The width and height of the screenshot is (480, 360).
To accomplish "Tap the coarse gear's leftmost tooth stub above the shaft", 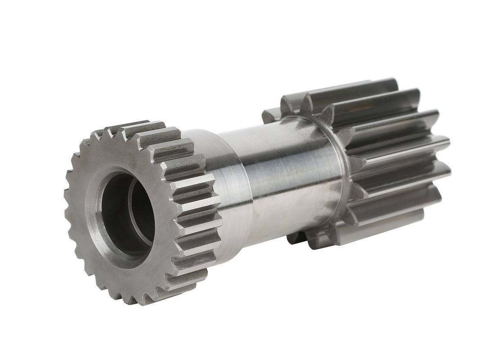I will [270, 115].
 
